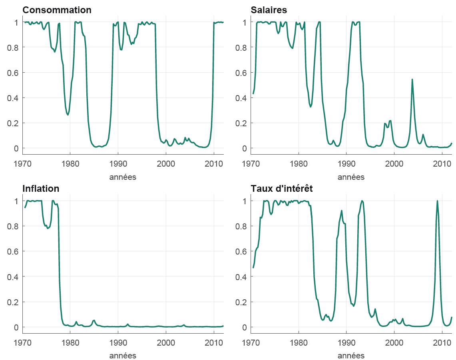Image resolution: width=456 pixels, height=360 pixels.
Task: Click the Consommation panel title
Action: (57, 10)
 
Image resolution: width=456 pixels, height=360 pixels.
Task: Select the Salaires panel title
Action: (269, 10)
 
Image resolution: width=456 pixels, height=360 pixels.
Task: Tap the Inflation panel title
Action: (41, 189)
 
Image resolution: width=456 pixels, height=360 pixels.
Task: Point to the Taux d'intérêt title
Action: (281, 189)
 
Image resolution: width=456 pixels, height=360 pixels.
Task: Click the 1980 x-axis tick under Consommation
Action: (70, 164)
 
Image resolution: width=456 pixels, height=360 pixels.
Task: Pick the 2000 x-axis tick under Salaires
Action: (394, 164)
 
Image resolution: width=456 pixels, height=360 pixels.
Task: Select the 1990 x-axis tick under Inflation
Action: (118, 342)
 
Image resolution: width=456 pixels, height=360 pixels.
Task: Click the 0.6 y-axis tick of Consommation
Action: (14, 72)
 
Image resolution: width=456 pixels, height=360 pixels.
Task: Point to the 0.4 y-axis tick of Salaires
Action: (242, 97)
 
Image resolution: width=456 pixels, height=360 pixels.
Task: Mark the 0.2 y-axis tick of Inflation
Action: (14, 302)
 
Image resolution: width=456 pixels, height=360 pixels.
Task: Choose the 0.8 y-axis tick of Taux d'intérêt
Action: (242, 226)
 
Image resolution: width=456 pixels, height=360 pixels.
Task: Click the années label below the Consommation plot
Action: (123, 177)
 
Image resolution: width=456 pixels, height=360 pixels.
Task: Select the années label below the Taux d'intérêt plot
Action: (351, 356)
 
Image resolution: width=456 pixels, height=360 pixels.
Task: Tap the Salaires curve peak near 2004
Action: (412, 80)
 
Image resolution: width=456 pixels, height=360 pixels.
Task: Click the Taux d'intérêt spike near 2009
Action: (437, 201)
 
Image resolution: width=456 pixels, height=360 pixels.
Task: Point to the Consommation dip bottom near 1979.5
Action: (68, 115)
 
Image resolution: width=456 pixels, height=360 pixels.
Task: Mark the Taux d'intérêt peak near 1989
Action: (342, 211)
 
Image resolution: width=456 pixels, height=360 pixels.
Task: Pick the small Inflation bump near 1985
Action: (94, 320)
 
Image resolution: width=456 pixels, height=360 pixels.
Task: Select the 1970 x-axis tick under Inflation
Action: (22, 342)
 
